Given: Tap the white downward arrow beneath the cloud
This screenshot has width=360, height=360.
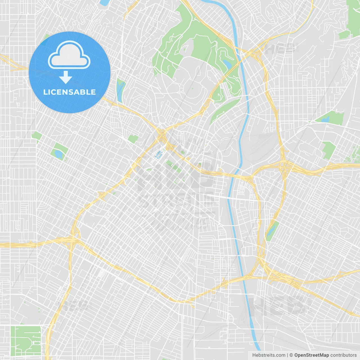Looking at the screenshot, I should coord(66,77).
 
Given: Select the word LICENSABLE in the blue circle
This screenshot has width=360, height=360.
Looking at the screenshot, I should coord(69,92).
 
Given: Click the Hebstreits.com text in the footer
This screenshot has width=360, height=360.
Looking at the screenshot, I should coord(269,355).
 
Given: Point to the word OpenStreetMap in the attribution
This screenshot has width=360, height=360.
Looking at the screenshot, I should coord(311,355).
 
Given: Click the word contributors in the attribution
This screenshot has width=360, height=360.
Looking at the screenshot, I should coord(343,355).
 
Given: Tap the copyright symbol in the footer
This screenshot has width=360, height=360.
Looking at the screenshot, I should coord(291,355).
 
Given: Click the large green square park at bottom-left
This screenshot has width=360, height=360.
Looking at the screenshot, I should coord(26,340).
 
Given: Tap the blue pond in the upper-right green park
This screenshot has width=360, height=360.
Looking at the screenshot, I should coord(325,119).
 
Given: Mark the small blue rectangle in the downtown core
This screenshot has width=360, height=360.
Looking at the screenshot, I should coord(159,154).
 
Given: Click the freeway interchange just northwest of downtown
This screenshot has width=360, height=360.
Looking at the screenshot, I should coord(162,134).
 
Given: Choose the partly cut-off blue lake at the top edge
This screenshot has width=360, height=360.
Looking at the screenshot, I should coord(104,3).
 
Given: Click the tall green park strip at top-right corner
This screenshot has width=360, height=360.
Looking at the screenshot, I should coord(354,17).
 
